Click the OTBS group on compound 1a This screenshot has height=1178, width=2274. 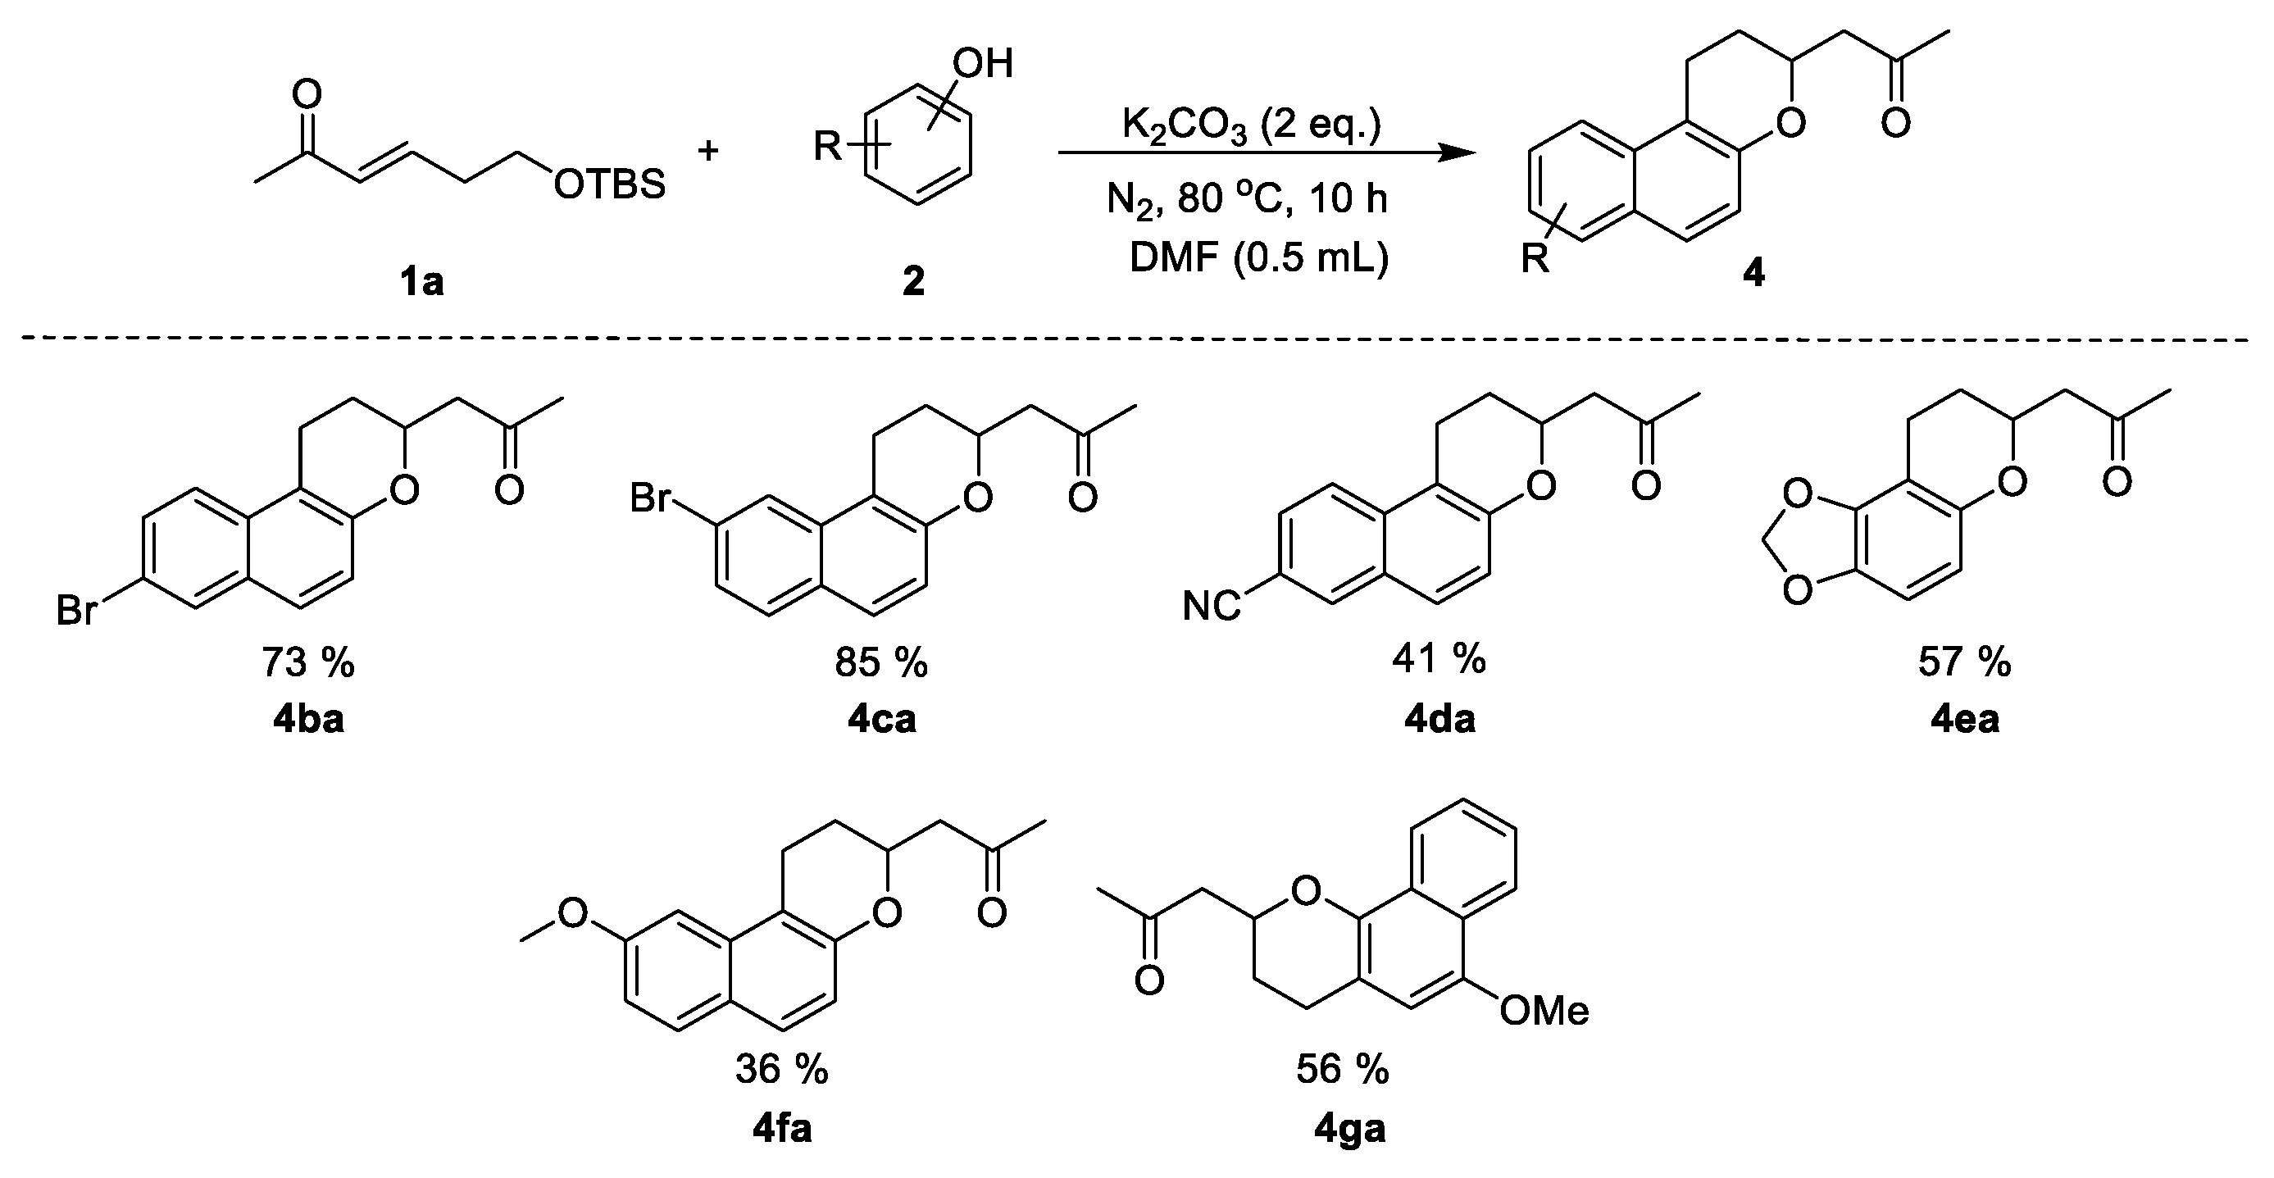(x=609, y=185)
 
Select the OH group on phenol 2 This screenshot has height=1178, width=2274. (x=983, y=64)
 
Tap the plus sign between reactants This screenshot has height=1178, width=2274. (x=708, y=151)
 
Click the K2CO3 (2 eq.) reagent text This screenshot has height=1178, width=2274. (x=1251, y=125)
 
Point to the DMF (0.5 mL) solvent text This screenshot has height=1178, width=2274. (x=1259, y=258)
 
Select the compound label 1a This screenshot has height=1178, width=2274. (x=421, y=282)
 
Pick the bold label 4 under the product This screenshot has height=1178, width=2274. (x=1753, y=274)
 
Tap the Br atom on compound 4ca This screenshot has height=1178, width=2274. (x=652, y=499)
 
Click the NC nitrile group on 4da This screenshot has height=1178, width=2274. (x=1211, y=607)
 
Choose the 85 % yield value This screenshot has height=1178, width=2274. (x=880, y=662)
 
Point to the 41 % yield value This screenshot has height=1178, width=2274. (x=1439, y=659)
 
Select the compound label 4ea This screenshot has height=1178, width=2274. (x=1965, y=720)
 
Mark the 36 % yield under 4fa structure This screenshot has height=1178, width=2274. (x=781, y=1071)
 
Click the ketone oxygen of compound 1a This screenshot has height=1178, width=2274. (x=307, y=93)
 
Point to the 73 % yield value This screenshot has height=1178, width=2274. (x=307, y=662)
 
